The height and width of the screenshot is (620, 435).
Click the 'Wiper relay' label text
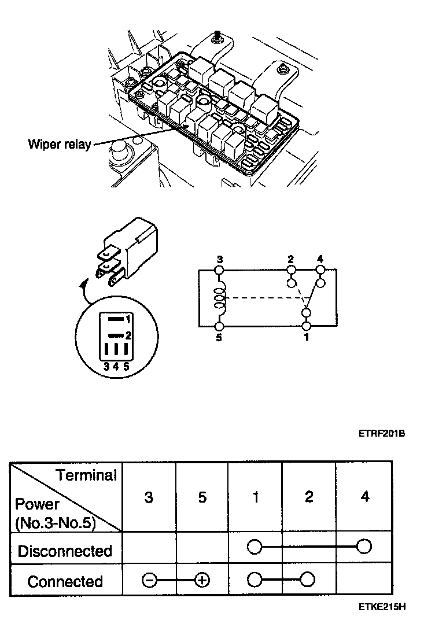point(59,144)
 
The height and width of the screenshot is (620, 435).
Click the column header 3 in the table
point(149,497)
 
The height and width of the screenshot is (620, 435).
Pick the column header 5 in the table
point(202,497)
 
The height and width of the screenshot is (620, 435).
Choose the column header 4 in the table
point(364,497)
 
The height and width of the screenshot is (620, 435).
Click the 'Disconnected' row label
point(65,551)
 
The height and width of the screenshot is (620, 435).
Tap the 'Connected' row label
point(65,581)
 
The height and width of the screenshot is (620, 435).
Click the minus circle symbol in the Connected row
point(149,581)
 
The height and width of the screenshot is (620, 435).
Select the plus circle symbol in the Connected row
point(202,581)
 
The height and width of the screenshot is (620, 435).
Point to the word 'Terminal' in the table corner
point(86,475)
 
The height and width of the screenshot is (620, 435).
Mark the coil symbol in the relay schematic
point(220,298)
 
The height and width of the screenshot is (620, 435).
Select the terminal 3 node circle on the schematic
point(220,270)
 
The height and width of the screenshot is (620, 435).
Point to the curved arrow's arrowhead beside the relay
point(86,283)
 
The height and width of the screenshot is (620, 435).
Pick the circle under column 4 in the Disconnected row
point(364,547)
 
